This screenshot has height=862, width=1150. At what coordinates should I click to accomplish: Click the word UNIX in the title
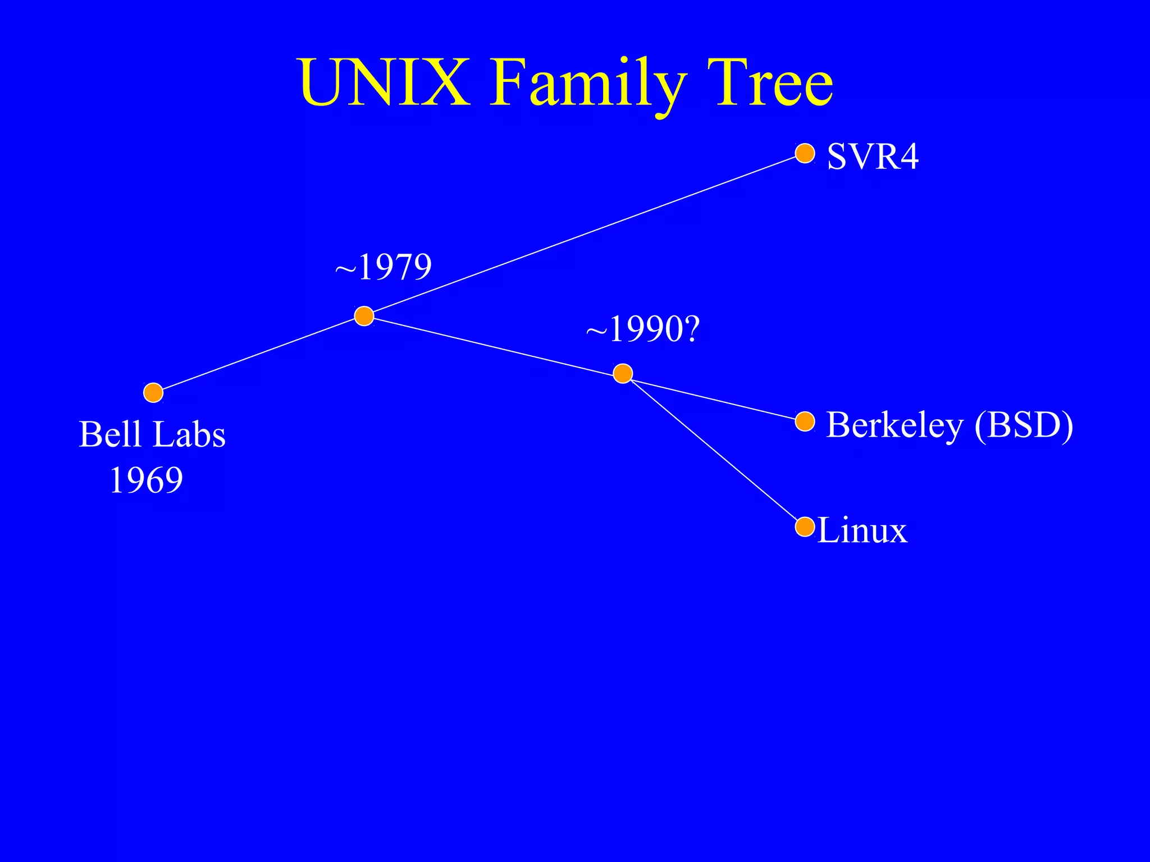[385, 83]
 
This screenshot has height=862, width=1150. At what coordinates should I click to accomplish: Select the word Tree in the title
[770, 83]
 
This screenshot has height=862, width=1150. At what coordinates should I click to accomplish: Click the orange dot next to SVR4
[805, 153]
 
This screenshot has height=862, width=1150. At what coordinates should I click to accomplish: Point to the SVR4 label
[873, 156]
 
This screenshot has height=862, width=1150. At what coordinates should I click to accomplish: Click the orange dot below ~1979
[364, 316]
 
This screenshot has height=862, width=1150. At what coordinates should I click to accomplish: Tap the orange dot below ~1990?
[623, 373]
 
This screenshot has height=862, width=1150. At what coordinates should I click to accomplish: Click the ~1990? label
[643, 329]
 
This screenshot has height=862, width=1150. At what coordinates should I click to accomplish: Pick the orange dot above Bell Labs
[153, 393]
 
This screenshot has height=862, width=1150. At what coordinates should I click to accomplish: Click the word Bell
[110, 434]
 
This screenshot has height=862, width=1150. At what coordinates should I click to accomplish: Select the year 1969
[146, 480]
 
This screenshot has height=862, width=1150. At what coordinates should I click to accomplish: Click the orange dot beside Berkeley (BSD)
[805, 421]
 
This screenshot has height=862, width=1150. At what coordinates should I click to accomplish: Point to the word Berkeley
[895, 425]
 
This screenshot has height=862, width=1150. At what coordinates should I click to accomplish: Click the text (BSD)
[1024, 425]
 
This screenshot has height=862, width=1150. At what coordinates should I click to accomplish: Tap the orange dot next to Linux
[805, 527]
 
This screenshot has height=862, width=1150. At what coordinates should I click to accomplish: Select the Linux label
[862, 530]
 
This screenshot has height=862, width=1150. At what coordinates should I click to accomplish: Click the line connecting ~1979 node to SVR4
[584, 235]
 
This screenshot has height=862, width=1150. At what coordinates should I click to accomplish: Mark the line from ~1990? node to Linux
[713, 450]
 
